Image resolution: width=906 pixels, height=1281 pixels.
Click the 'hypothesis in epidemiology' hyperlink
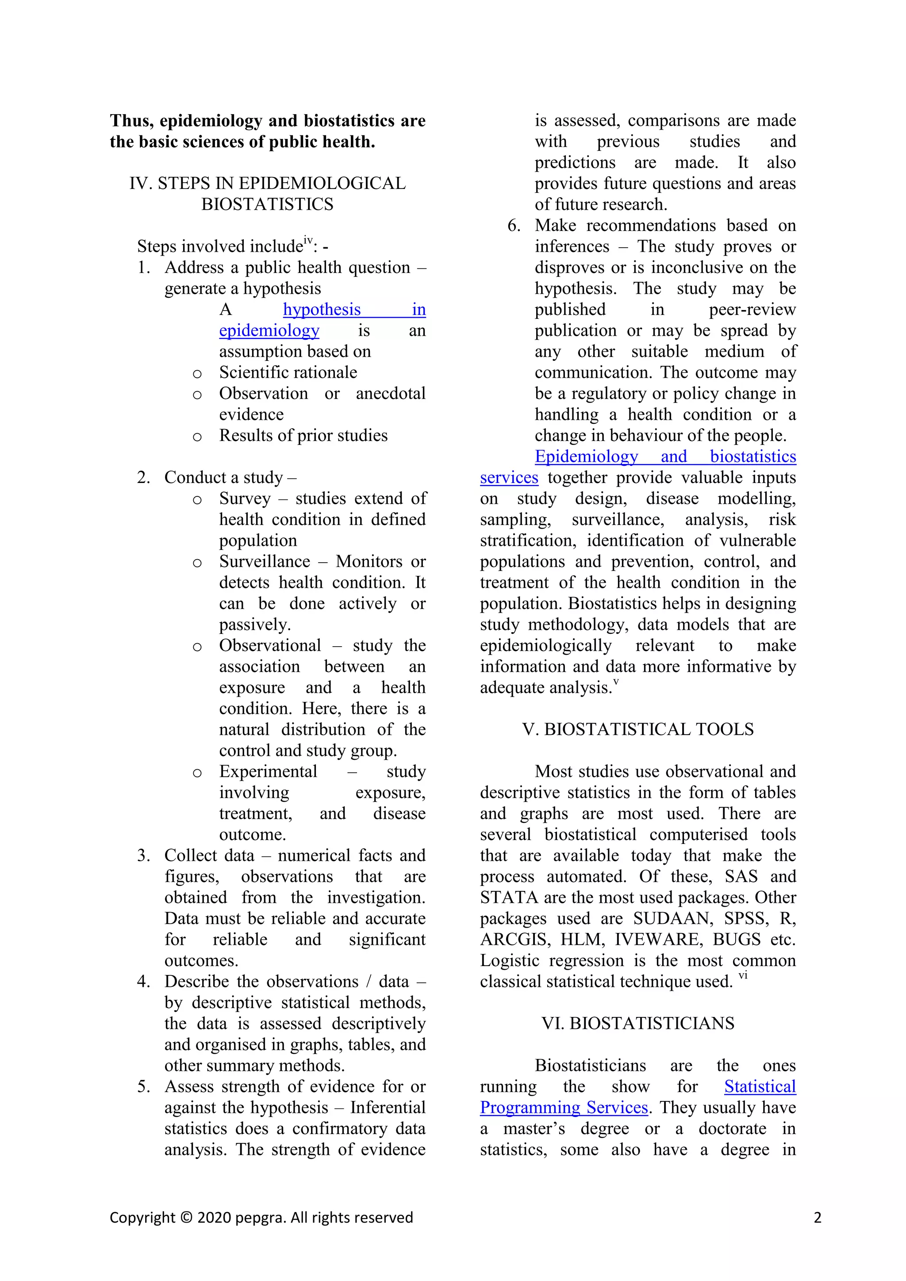pos(322,310)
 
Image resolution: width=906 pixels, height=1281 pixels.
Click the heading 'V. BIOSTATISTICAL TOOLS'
pos(637,729)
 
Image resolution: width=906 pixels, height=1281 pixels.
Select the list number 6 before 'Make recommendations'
pos(513,226)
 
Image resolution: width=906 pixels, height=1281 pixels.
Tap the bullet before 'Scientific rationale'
pos(197,374)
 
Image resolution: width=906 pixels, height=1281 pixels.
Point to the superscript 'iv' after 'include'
pos(308,241)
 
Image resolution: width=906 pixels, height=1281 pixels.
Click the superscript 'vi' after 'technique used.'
pos(743,976)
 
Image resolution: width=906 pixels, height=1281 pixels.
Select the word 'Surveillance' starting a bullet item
pos(265,561)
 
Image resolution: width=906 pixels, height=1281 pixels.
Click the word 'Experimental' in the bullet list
pos(268,771)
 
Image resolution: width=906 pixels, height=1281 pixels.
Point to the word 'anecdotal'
pos(391,393)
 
